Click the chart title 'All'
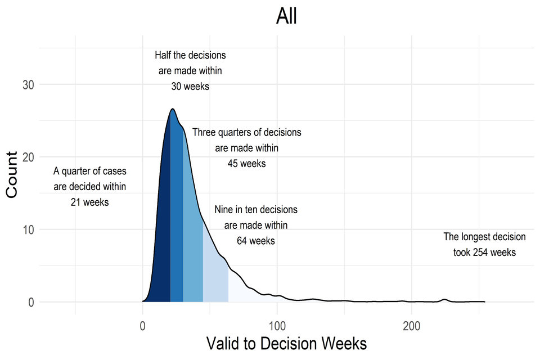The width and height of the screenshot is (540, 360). (286, 17)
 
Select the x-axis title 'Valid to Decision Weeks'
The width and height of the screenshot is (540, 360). (286, 343)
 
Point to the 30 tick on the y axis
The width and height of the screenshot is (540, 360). (28, 85)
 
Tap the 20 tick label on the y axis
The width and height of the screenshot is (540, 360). (28, 157)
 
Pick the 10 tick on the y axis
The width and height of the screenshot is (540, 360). (28, 229)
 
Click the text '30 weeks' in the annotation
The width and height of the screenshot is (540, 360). (190, 87)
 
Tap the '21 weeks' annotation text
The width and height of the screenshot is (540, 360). (90, 202)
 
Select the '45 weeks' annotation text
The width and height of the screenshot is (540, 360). (246, 164)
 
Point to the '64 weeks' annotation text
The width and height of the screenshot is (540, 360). (256, 241)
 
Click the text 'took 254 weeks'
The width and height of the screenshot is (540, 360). (484, 253)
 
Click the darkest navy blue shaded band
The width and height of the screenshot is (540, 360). (161, 225)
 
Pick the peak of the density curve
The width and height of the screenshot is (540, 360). (173, 109)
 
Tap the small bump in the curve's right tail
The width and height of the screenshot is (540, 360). (444, 299)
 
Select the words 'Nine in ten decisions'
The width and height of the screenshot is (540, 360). (256, 210)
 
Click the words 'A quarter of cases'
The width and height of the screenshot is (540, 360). (90, 171)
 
